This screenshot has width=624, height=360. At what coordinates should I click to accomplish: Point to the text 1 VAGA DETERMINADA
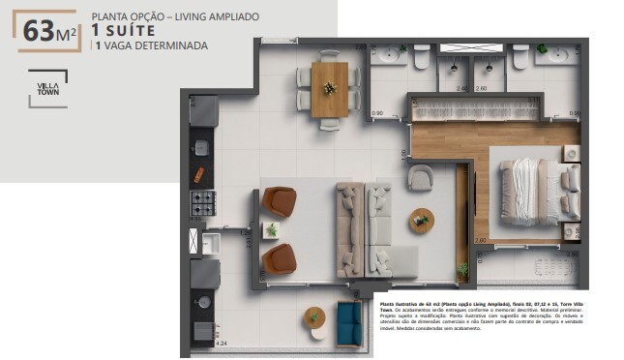[x=149, y=45]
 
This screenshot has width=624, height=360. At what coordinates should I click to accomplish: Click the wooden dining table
[x=329, y=89]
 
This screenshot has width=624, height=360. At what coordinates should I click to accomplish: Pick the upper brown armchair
[x=279, y=201]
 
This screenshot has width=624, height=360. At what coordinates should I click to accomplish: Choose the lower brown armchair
[x=279, y=258]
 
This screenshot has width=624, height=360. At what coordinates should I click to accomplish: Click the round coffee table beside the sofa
[x=421, y=219]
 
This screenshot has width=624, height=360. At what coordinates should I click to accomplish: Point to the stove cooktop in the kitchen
[x=203, y=202]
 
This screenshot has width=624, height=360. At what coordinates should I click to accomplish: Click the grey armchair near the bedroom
[x=421, y=178]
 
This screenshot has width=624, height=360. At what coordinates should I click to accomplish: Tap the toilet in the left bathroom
[x=422, y=59]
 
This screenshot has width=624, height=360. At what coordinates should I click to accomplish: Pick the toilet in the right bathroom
[x=519, y=59]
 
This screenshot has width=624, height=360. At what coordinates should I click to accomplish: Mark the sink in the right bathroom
[x=559, y=54]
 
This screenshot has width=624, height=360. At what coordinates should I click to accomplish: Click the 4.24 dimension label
[x=221, y=343]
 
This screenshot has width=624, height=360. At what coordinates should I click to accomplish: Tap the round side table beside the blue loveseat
[x=313, y=315]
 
